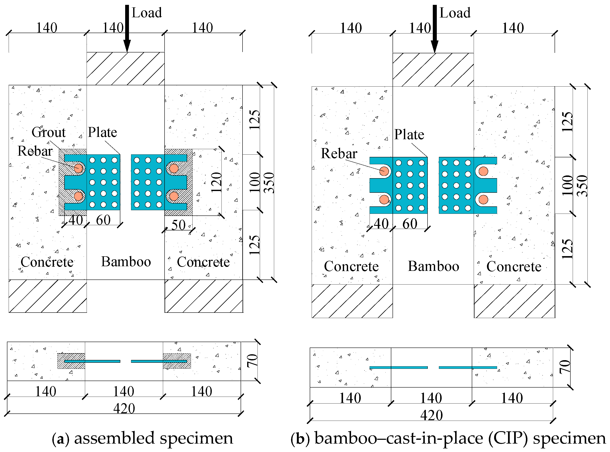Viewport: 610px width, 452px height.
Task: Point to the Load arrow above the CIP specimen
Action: coord(434,27)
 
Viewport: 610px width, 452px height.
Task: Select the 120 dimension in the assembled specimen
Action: coord(216,182)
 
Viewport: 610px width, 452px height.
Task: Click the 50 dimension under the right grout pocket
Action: coord(178,225)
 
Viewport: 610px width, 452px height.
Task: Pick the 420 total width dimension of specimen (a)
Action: coord(124,408)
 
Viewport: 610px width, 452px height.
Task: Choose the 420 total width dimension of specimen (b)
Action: coord(431,415)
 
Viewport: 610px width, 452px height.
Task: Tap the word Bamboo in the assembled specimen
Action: coord(126,262)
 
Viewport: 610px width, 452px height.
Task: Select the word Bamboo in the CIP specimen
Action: coord(433,266)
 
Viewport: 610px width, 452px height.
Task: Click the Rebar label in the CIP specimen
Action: coord(339,153)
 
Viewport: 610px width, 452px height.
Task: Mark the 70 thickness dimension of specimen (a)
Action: coord(252,360)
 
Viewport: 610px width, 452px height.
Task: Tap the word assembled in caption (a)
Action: coord(114,438)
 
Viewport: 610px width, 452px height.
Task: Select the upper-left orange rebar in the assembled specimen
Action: coord(78,168)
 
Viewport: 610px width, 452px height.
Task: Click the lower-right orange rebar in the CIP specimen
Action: coord(483,199)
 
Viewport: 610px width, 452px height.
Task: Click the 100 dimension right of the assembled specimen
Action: coord(255,182)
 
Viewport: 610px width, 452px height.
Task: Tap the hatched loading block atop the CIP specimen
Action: coord(433,70)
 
